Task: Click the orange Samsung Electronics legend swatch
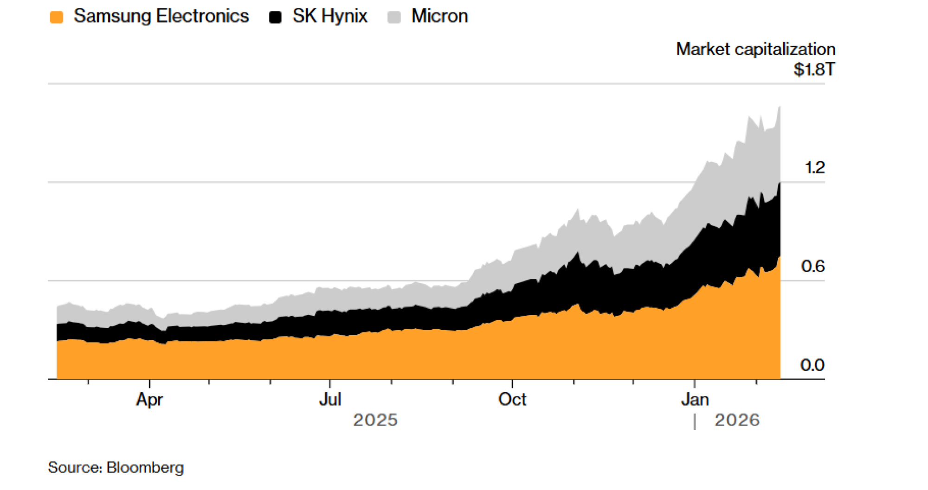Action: [56, 17]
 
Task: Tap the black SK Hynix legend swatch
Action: [275, 17]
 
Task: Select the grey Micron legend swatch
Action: [394, 17]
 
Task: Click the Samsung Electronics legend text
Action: [161, 16]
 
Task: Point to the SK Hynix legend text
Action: [330, 16]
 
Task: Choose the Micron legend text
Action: [439, 16]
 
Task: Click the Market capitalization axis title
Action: [755, 49]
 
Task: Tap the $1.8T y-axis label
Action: [814, 70]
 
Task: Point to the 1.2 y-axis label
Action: [815, 167]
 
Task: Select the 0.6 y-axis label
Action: [813, 266]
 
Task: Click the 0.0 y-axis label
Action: [812, 365]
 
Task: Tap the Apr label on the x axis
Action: [149, 399]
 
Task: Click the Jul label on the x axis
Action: [330, 399]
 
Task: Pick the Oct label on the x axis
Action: [512, 399]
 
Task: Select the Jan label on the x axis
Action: [695, 399]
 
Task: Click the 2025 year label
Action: [375, 420]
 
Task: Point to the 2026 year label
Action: [737, 420]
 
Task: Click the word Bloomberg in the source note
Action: [145, 467]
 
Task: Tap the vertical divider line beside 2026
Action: [695, 421]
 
